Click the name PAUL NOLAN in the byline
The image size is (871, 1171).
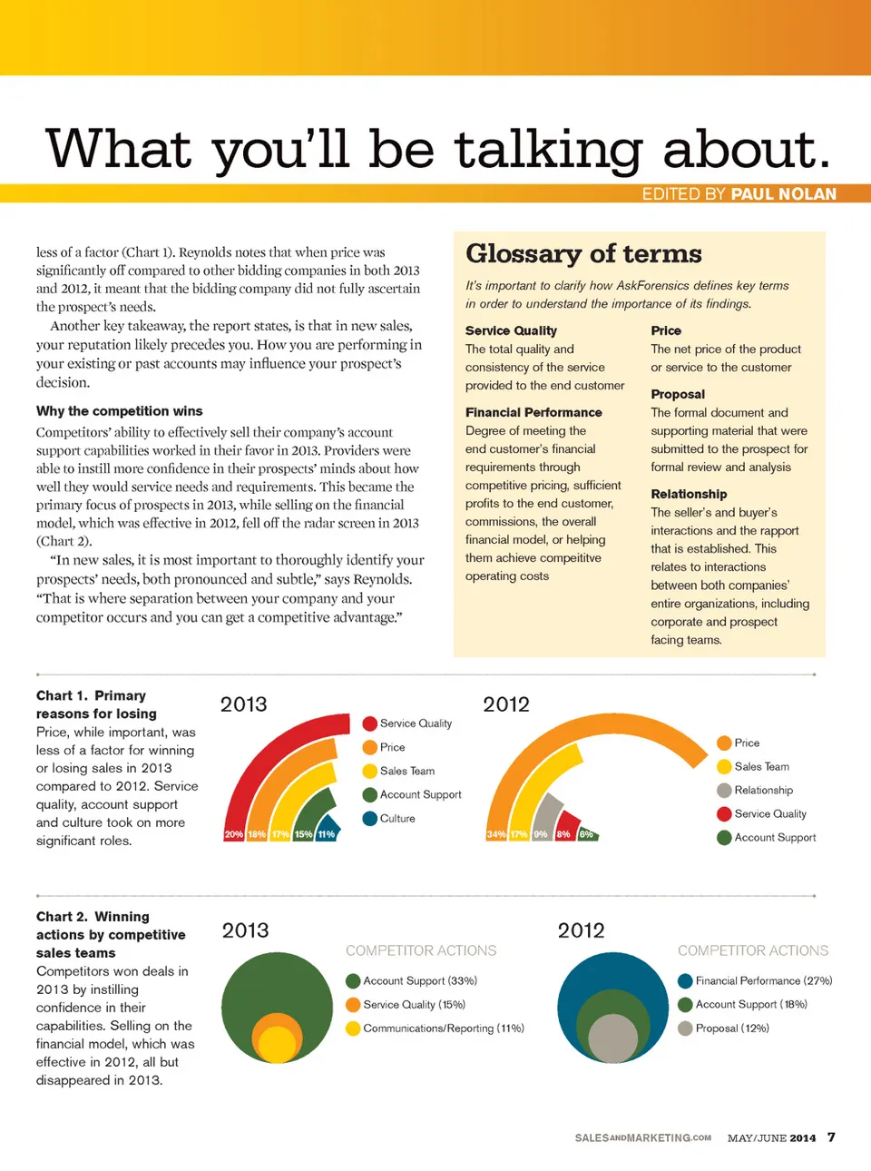tap(784, 194)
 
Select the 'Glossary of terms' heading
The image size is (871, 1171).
tap(583, 254)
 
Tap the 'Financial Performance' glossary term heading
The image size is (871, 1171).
tap(533, 412)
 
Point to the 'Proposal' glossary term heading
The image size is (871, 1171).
tap(678, 394)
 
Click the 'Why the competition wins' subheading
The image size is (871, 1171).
tap(120, 411)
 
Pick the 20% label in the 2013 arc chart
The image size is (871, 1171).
tap(234, 834)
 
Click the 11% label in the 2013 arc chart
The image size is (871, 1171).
tap(326, 834)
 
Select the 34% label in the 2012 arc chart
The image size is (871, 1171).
tap(496, 834)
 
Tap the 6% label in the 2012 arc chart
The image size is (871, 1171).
tap(586, 834)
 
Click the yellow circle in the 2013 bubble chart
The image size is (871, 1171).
tap(278, 1044)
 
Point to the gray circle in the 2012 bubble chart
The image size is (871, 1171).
tap(613, 1038)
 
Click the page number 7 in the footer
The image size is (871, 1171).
tap(831, 1137)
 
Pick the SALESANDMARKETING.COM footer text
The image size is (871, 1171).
tap(642, 1137)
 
